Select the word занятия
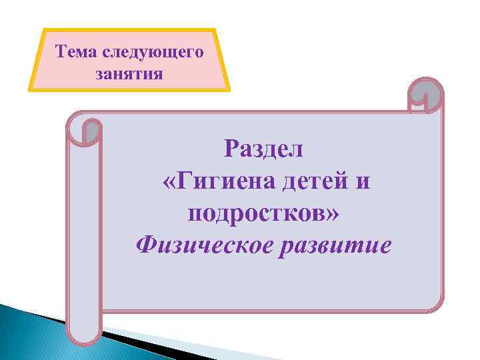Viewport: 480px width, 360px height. pyautogui.click(x=129, y=73)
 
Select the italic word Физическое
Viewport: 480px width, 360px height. pyautogui.click(x=203, y=246)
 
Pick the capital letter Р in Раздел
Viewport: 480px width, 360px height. pyautogui.click(x=231, y=148)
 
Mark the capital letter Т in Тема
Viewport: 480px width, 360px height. pyautogui.click(x=61, y=52)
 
